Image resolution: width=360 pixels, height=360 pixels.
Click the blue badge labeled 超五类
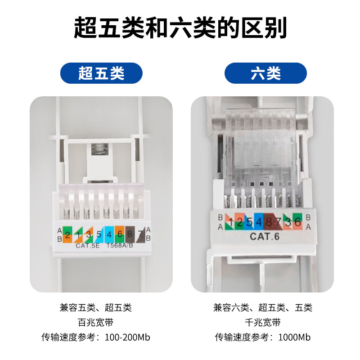(101, 73)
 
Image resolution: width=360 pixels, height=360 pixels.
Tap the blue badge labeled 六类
(265, 73)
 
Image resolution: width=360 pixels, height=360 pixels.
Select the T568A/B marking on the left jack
(119, 246)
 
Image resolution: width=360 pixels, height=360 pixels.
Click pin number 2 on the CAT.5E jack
(67, 234)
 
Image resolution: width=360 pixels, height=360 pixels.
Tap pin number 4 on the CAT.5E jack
(109, 234)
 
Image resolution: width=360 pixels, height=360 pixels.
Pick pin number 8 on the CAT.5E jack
(130, 234)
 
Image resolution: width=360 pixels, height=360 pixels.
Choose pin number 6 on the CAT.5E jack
(120, 234)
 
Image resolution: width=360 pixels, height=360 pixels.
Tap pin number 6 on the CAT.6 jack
(298, 221)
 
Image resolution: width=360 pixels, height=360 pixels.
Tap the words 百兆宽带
(95, 323)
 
